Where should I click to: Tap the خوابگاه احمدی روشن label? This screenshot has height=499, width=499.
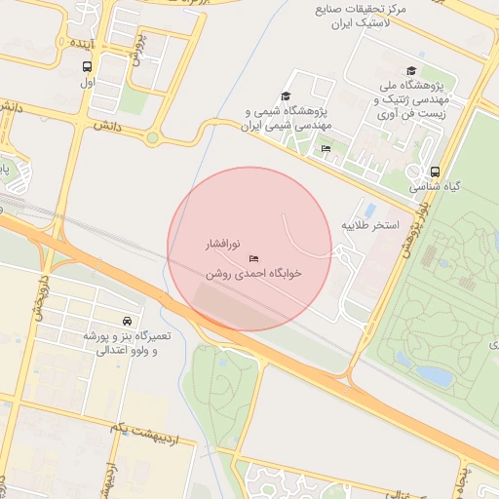click(253, 274)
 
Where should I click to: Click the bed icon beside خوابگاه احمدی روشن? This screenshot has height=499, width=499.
click(254, 258)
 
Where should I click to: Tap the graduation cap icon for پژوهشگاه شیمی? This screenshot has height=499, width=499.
click(286, 96)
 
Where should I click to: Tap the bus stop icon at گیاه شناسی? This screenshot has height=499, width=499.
click(434, 170)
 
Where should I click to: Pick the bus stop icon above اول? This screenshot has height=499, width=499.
click(88, 66)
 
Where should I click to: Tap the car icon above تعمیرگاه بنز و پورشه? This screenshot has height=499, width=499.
click(128, 320)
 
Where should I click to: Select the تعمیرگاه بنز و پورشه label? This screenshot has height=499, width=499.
click(121, 342)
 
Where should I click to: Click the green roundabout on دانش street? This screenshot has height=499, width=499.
click(152, 138)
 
